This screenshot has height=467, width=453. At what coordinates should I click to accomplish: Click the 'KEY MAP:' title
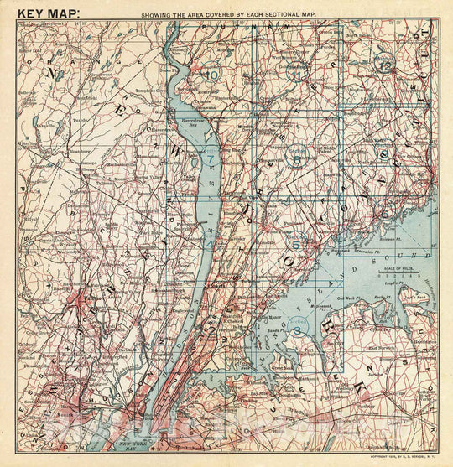click(49, 13)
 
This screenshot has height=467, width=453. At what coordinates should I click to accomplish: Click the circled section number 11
click(296, 74)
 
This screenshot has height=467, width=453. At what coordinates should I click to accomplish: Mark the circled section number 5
click(295, 244)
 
